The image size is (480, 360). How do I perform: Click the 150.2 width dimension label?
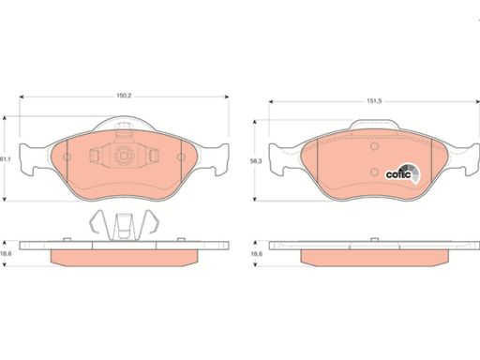124,96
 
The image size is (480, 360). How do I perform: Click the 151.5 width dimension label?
374,101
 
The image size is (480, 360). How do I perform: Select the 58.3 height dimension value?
257,161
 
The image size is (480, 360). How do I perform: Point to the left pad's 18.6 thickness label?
6,254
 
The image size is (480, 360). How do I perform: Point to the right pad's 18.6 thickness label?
257,254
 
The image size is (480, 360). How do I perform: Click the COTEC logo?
402,173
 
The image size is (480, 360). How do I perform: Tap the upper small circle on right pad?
374,146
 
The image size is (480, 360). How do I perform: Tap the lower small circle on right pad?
374,172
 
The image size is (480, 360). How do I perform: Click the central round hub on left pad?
124,156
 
